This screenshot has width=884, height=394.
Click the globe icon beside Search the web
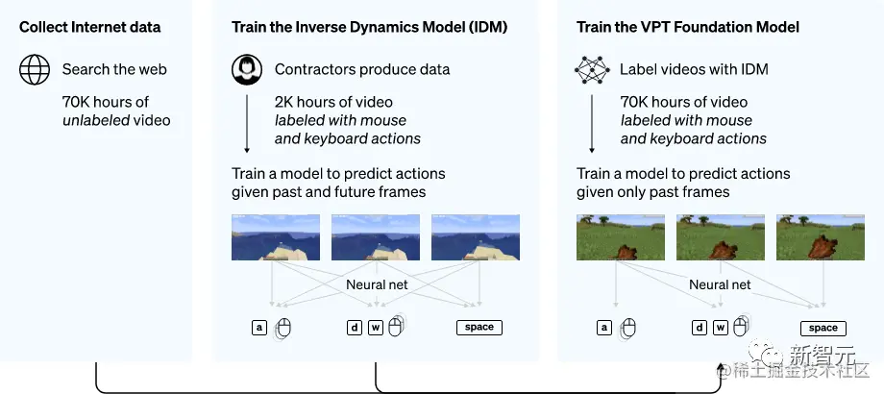tap(35, 70)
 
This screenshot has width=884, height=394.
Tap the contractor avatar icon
tap(247, 70)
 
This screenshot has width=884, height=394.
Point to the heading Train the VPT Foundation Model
tap(687, 27)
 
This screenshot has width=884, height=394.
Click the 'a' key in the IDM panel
tap(258, 327)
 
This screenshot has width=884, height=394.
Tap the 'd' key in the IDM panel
tap(355, 327)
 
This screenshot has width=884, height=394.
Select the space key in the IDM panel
tap(479, 327)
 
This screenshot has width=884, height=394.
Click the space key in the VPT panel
tap(823, 328)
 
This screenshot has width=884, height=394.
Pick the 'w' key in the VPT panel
tap(720, 328)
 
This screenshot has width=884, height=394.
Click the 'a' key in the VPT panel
tap(603, 328)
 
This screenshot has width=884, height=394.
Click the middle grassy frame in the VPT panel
tap(707, 237)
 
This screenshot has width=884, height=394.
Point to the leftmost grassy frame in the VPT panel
tap(607, 237)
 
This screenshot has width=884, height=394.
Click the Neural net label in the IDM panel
tap(376, 284)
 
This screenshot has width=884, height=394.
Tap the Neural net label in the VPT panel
tap(720, 284)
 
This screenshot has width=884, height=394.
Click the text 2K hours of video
tap(333, 102)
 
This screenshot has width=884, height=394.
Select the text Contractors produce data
tap(361, 69)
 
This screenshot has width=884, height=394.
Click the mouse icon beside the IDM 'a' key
tap(282, 329)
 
